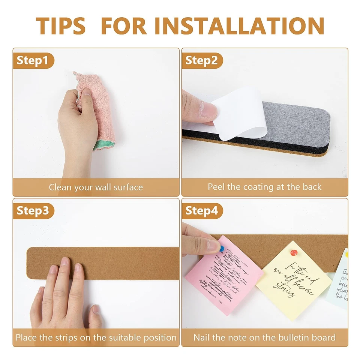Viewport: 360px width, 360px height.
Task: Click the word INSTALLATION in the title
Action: coord(239,25)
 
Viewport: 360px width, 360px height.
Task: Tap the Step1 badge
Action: coord(33,61)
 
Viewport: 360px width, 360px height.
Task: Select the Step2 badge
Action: coord(202,61)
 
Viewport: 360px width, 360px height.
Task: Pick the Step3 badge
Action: coord(33,211)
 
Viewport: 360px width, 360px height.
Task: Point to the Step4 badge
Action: coord(202,211)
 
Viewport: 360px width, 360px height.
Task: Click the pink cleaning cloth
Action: coord(97,109)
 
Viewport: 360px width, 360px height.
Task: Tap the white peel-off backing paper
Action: coord(240,112)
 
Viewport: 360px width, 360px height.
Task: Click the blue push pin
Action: coord(222,248)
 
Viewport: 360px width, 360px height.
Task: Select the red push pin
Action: coord(294,253)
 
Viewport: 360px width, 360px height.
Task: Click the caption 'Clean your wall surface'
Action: coord(96,187)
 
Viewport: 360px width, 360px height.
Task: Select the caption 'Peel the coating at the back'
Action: coord(265,187)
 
